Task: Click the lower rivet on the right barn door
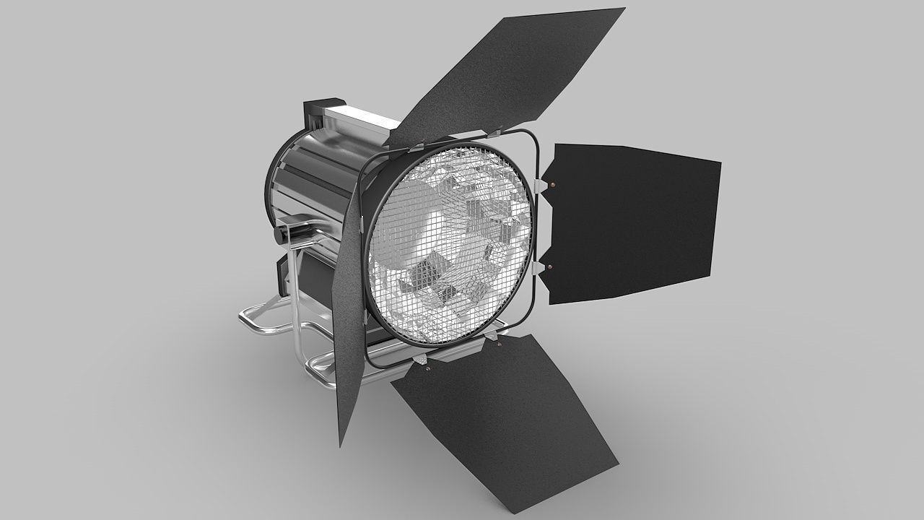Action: tap(550, 266)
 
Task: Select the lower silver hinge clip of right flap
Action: tap(539, 269)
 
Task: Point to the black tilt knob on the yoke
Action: tap(279, 235)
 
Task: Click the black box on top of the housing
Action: tap(321, 108)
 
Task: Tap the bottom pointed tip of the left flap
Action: tap(341, 442)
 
